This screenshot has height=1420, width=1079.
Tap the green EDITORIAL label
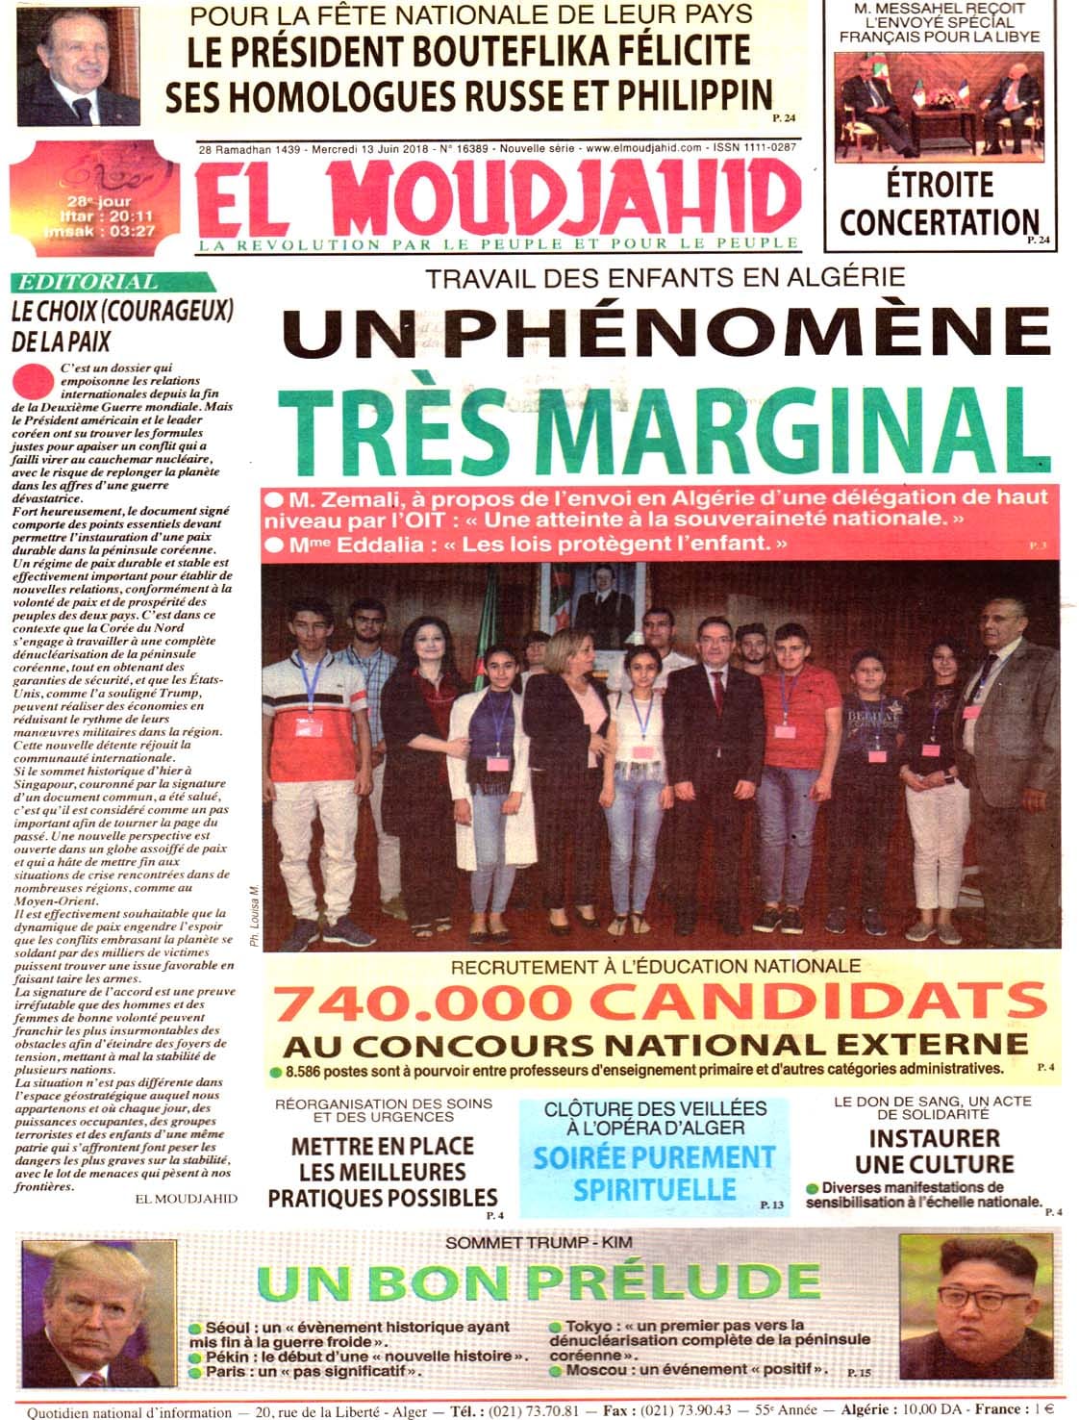[x=88, y=283]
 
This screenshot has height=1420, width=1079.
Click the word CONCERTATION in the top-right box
[x=938, y=222]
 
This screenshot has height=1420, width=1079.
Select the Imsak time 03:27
[x=132, y=231]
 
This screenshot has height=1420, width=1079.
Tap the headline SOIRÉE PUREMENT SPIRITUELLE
[x=653, y=1172]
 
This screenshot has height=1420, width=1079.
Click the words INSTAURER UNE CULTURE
[x=934, y=1152]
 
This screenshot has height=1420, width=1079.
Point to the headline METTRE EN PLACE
[x=382, y=1147]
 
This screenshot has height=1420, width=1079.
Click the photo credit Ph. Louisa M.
[x=254, y=916]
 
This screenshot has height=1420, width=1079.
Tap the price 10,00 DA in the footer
[x=916, y=1411]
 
